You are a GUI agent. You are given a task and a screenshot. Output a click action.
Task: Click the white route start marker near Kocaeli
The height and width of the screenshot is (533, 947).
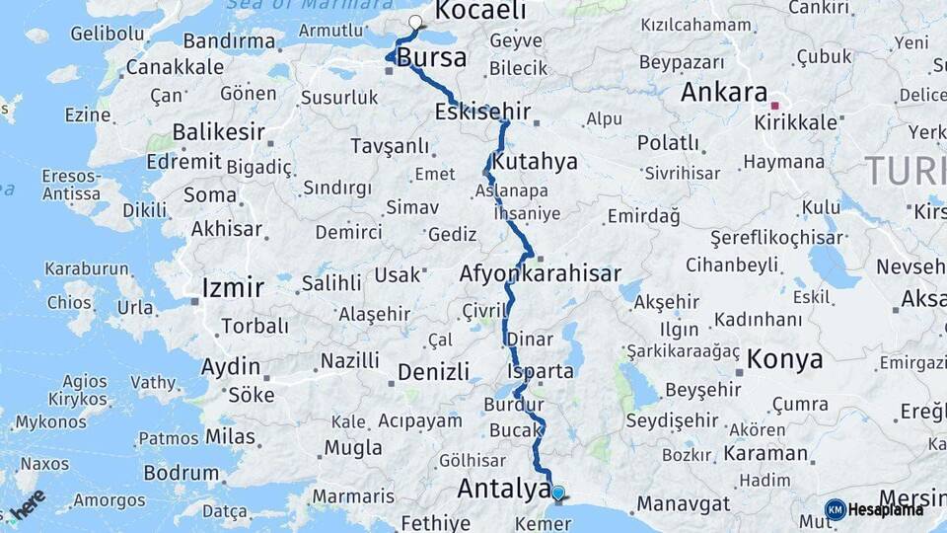pos(415,22)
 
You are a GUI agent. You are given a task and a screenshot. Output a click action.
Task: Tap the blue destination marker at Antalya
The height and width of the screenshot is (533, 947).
pos(558,493)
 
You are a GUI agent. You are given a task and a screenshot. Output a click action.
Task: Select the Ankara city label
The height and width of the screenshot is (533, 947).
pos(724,93)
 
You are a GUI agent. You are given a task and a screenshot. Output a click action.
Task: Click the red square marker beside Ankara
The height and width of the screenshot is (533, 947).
pos(775,105)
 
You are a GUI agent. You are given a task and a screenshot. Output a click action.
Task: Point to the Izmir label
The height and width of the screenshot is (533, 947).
pos(233,288)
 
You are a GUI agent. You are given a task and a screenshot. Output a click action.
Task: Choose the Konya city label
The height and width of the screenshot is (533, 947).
pos(785,359)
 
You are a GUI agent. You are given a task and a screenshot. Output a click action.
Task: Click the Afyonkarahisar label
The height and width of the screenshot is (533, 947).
pos(541,273)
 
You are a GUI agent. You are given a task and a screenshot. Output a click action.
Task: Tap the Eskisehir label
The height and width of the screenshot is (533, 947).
pos(482,112)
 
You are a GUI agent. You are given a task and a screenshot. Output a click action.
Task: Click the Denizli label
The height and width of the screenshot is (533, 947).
pos(433,372)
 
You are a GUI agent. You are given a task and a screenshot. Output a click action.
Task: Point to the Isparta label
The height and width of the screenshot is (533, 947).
pos(541,372)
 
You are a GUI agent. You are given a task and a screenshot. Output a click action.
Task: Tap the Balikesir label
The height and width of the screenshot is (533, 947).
pos(220,132)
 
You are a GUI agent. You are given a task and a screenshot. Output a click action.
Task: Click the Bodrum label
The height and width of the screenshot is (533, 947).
pos(181,473)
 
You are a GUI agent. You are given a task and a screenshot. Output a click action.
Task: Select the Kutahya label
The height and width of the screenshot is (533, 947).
pos(534,162)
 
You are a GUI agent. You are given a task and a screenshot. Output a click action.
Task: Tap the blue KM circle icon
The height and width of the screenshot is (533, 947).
pos(836,509)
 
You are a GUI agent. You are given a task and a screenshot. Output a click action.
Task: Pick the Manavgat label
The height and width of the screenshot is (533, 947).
pos(684,503)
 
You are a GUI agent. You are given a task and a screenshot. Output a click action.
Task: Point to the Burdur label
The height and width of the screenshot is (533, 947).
pos(514,405)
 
